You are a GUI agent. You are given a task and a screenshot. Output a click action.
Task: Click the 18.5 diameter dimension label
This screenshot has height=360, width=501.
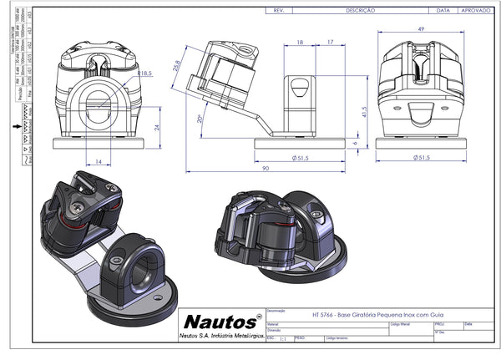coord(144,74)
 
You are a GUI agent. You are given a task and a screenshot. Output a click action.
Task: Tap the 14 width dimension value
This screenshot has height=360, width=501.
coord(99,159)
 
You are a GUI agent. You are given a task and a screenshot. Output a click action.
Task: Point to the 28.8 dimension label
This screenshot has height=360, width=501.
coord(177,67)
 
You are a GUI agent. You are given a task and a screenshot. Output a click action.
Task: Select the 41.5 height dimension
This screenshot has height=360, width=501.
coord(366,110)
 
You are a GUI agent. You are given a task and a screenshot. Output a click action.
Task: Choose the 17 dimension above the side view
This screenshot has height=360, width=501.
coord(331,42)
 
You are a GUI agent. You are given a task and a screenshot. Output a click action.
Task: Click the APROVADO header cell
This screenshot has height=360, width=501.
coord(477,12)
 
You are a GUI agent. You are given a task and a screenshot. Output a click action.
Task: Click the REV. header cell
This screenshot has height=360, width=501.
coord(281,12)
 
